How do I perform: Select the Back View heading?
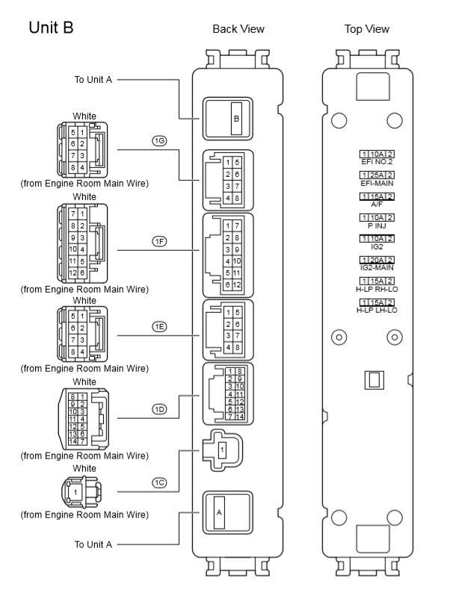238,29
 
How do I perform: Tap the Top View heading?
367,29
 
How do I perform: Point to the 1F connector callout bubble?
158,241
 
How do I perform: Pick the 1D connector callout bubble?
158,408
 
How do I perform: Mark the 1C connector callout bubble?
158,483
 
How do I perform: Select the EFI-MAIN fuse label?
377,182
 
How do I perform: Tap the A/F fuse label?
377,204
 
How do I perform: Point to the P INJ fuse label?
377,225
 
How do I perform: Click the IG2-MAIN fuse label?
377,267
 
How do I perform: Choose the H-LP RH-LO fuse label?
377,288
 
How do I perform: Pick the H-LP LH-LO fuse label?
377,310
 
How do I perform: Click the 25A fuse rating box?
377,175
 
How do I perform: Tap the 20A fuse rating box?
377,260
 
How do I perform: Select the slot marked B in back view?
236,119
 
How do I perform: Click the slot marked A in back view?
220,513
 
